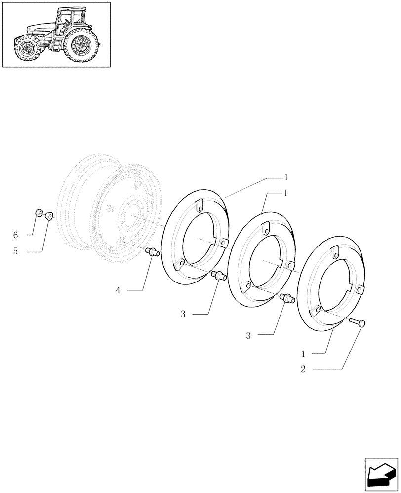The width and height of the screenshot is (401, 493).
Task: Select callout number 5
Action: point(15,252)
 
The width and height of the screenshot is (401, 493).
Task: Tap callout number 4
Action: point(118,290)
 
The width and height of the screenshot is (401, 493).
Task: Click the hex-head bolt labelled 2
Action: point(359,323)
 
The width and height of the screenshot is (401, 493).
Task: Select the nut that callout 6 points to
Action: point(39,213)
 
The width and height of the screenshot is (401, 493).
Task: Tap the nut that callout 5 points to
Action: point(49,216)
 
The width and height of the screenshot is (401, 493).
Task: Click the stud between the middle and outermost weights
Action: point(286,297)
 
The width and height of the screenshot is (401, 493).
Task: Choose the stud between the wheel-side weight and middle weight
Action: point(218,276)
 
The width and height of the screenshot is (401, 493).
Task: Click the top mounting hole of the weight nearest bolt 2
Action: point(334,254)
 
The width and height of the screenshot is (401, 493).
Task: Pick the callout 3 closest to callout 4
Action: point(183,314)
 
